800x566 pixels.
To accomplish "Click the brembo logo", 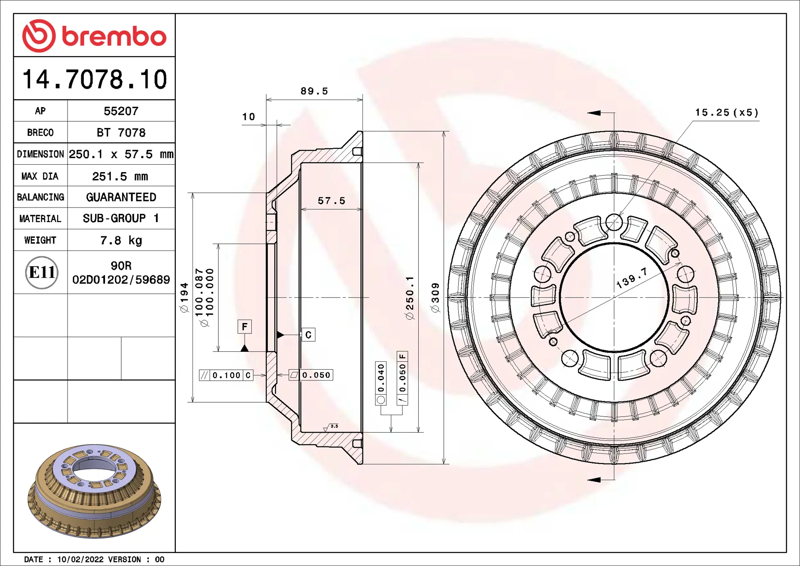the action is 94,36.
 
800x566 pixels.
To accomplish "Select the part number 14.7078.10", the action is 95,79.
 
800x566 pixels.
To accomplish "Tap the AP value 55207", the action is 121,111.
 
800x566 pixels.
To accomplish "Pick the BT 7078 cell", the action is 121,133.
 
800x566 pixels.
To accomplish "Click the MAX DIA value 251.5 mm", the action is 120,176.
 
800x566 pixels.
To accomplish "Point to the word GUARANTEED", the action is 121,197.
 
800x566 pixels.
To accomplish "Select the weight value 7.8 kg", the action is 121,240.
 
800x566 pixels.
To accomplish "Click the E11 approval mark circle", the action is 42,273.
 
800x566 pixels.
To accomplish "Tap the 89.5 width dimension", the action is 314,91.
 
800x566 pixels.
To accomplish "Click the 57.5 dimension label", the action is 331,201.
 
